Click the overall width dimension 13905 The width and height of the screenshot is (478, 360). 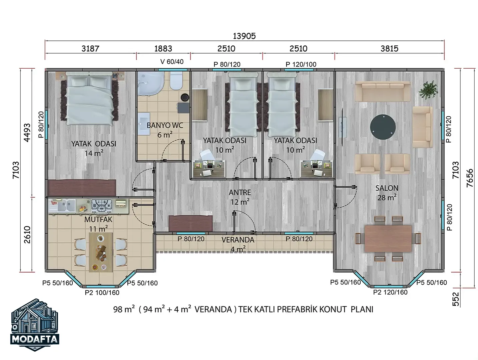[x=244, y=36]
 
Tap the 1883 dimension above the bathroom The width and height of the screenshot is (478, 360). [x=163, y=49]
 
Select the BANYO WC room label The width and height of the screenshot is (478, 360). [x=165, y=126]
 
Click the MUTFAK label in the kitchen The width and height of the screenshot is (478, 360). [x=98, y=219]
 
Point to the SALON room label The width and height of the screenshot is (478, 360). [x=387, y=188]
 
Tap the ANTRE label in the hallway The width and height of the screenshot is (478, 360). [x=240, y=193]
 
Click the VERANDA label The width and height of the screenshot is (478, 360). [x=238, y=240]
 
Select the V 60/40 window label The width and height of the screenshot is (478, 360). [x=172, y=62]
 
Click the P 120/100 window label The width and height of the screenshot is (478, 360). [x=301, y=64]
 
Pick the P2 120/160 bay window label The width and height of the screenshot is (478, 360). [x=390, y=292]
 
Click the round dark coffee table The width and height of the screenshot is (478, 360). [x=383, y=127]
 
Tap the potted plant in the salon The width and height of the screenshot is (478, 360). [x=428, y=90]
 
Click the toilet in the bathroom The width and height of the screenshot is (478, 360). [x=176, y=80]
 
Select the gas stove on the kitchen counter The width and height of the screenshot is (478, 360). [x=102, y=205]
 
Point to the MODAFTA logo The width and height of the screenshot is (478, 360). [x=35, y=325]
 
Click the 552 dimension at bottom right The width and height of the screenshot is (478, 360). [x=455, y=299]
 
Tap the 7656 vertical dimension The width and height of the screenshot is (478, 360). [x=470, y=178]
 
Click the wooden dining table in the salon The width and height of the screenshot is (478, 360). [x=388, y=238]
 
